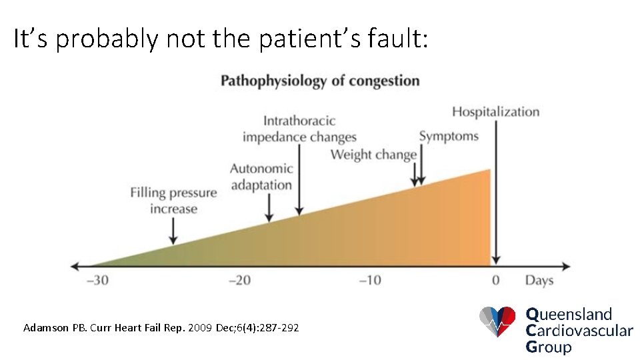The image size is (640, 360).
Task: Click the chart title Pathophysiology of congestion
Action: pos(320,81)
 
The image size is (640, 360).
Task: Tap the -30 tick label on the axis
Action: pos(97,280)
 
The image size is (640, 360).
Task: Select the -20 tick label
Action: pos(239,280)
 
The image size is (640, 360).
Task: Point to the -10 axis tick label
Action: pos(370,280)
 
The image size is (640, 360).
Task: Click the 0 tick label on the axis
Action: pos(495,280)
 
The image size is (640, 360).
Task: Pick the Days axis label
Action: pos(539,280)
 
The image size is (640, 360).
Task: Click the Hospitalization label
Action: pos(495,111)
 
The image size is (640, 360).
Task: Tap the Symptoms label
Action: pos(449,137)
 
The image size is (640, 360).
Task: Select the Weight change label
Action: pos(373,155)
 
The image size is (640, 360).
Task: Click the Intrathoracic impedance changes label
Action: pos(299,129)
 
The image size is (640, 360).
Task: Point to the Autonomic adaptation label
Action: pos(261,177)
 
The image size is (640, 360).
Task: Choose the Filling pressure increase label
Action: pos(173,201)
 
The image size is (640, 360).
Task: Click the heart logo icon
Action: pos(497,322)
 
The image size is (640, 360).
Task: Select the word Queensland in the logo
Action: pos(569,314)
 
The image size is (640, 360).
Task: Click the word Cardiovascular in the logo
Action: pos(579,330)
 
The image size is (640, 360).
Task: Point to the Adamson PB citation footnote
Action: pos(161,328)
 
